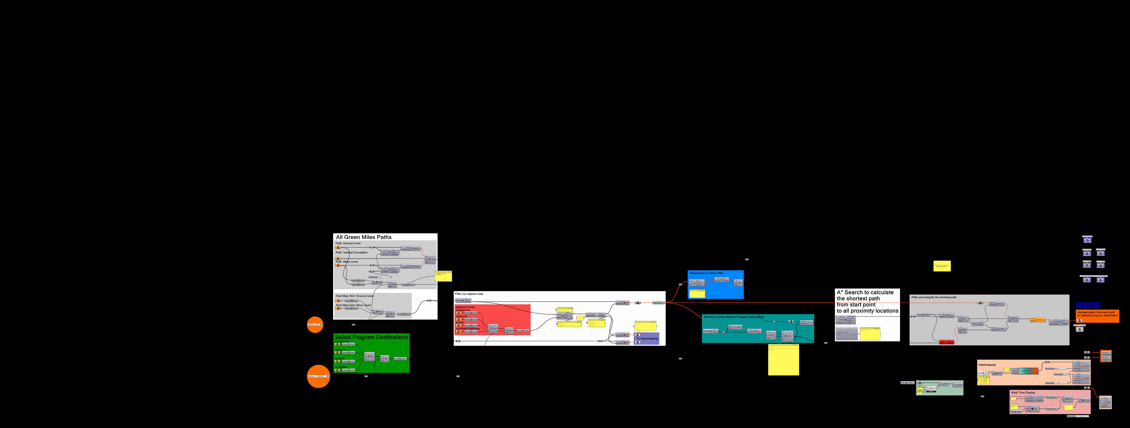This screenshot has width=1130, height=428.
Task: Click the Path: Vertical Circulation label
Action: coord(351,253)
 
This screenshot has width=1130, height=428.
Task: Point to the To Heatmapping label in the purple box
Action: coord(647,339)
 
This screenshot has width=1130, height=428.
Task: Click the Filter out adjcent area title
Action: coord(469,294)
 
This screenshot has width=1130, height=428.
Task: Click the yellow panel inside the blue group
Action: coord(697,293)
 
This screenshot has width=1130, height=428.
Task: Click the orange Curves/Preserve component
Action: coord(1038,320)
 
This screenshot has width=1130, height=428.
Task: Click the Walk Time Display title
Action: coord(1023,393)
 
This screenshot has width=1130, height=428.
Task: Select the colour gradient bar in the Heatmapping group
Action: coord(1029,371)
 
